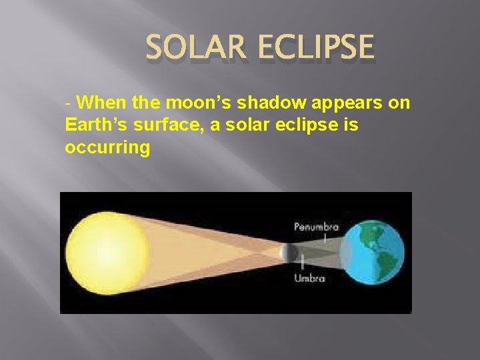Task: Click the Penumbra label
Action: (317, 227)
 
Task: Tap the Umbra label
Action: (309, 278)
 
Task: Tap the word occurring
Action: (107, 147)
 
